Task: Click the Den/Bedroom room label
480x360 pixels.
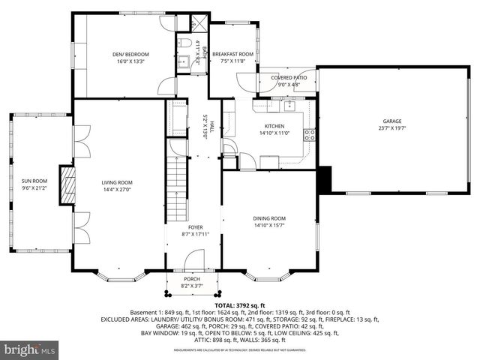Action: point(130,54)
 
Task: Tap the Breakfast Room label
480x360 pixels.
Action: point(232,54)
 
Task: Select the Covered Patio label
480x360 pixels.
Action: point(288,76)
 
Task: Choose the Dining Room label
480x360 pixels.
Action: point(268,218)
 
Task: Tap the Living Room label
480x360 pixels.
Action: point(117,182)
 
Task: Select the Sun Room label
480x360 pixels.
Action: point(34,181)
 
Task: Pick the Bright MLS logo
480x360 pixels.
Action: point(30,349)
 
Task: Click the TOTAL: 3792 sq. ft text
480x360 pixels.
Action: point(240,305)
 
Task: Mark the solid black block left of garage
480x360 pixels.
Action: point(324,180)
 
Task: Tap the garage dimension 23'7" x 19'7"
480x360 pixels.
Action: point(391,128)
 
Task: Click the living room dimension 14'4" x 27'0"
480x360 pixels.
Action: point(117,190)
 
